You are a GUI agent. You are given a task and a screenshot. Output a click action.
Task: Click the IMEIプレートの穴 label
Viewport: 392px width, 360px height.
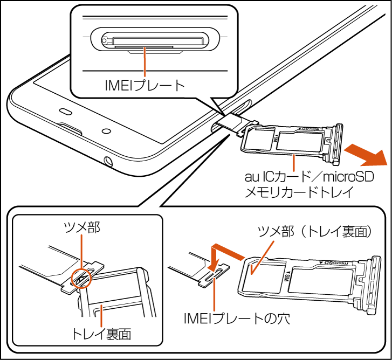pyautogui.click(x=236, y=318)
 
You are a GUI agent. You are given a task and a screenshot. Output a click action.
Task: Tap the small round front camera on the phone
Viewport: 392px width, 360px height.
pyautogui.click(x=105, y=131)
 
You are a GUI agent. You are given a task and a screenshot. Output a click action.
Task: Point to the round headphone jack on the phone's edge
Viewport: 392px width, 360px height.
pyautogui.click(x=109, y=161)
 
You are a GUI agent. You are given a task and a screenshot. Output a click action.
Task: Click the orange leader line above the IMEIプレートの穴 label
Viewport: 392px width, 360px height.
pyautogui.click(x=215, y=294)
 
